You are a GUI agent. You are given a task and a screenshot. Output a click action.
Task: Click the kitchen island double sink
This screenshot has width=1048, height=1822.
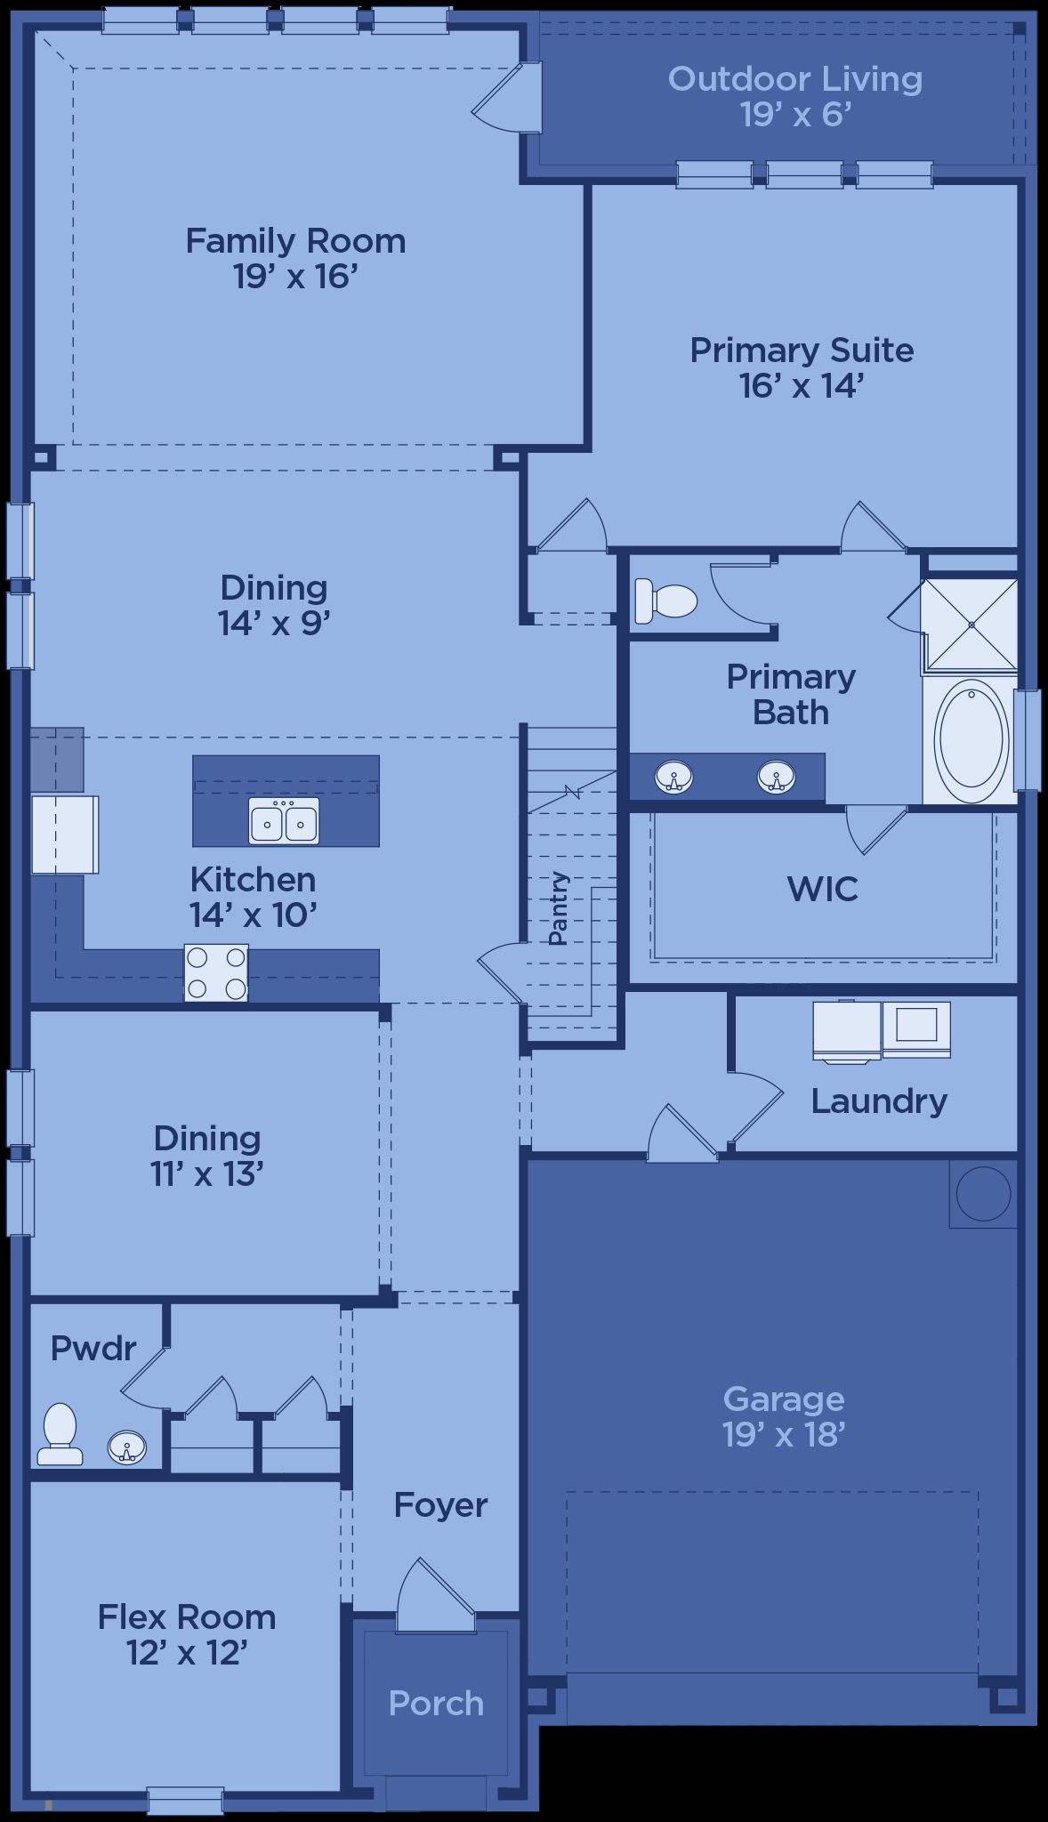(x=284, y=820)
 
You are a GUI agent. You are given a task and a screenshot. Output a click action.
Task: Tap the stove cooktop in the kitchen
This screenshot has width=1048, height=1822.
(x=216, y=972)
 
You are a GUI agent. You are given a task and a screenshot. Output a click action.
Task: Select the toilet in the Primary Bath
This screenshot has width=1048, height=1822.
(x=665, y=601)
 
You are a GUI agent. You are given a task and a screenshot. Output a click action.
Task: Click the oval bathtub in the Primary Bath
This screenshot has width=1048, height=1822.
(x=971, y=738)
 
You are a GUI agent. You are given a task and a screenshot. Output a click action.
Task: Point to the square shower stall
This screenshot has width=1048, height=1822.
(x=970, y=625)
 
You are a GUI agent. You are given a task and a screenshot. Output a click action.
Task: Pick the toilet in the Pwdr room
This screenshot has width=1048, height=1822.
(x=60, y=1433)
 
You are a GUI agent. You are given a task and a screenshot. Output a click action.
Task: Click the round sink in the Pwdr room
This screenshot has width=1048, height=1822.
(x=126, y=1447)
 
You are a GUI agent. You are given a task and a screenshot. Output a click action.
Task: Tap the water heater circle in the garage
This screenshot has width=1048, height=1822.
(x=983, y=1193)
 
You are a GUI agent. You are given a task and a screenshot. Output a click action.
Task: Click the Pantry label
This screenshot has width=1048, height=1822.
(x=558, y=907)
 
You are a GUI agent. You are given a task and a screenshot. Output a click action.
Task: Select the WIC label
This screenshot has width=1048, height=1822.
(x=823, y=889)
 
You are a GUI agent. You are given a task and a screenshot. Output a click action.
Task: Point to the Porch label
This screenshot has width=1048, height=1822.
(x=436, y=1704)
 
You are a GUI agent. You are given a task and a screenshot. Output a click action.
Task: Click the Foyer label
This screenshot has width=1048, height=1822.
(x=440, y=1505)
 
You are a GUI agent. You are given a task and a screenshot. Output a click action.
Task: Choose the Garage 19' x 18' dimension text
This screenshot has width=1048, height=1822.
(x=784, y=1435)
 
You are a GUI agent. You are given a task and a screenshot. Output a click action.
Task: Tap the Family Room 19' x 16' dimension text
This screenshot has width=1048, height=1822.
(x=295, y=277)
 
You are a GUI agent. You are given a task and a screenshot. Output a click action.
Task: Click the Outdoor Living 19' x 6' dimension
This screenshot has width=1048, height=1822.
(x=795, y=115)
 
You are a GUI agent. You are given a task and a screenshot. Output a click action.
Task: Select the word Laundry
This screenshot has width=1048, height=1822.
(x=879, y=1101)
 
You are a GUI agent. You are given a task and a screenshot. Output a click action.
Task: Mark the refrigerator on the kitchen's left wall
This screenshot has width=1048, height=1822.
(x=64, y=834)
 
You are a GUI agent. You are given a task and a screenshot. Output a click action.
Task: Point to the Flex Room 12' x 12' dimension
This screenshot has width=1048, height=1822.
(x=187, y=1653)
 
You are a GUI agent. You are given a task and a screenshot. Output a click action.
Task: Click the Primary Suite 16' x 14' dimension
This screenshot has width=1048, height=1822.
(x=802, y=386)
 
